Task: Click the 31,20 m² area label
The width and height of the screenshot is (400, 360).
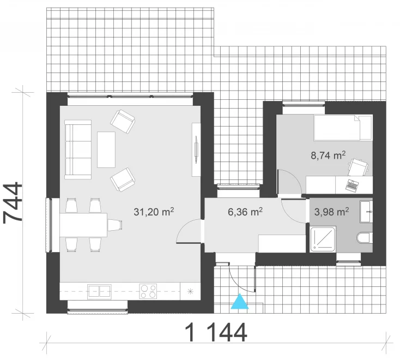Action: pos(154,212)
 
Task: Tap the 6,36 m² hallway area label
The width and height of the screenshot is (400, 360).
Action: pos(245,212)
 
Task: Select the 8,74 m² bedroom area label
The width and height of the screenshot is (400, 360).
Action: pos(328,155)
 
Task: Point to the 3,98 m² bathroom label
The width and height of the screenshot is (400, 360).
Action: pos(331,212)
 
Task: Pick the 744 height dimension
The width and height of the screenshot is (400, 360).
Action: pos(13,203)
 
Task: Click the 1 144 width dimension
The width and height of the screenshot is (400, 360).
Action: pos(216,332)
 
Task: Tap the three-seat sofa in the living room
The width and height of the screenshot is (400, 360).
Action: pos(78,149)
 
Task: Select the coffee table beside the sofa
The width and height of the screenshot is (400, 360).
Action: pos(106,149)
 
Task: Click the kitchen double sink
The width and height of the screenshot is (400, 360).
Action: pos(99,292)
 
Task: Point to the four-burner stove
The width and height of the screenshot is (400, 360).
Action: pos(148,291)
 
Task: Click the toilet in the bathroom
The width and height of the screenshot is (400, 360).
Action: pos(365,237)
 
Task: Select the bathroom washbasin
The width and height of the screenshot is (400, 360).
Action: pos(366,212)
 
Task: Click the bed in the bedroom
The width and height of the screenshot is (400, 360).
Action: pos(343,128)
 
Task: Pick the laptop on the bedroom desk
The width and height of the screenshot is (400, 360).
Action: pos(351,184)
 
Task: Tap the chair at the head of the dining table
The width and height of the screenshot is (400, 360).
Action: pos(115,225)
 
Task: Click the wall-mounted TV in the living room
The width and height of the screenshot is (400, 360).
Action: pos(196,149)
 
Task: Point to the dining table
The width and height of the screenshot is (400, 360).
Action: pos(83,225)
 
